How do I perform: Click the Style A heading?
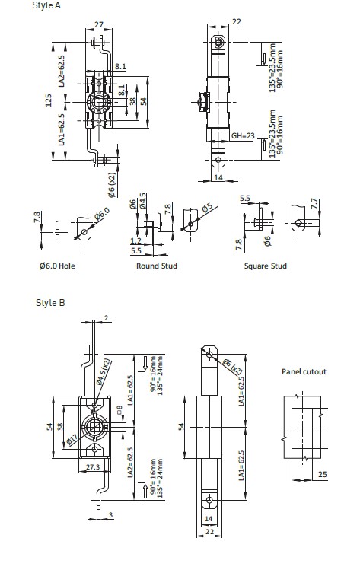tap(46, 5)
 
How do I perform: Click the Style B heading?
tap(50, 303)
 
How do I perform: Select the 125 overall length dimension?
tap(49, 100)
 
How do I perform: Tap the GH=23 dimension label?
tap(243, 135)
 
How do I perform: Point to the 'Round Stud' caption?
tap(157, 266)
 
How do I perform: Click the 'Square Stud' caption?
tap(266, 266)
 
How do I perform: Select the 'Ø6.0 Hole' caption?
tap(57, 266)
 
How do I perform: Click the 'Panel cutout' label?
tap(304, 371)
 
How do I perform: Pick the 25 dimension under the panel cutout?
tap(323, 474)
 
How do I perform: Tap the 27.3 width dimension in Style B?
tap(93, 466)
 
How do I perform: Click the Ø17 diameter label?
tap(72, 440)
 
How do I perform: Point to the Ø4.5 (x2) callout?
tap(103, 372)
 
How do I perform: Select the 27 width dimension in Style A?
tap(99, 25)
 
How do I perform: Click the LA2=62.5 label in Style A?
tap(61, 71)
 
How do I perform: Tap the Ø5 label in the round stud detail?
tap(207, 208)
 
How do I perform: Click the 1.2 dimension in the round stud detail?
tap(136, 240)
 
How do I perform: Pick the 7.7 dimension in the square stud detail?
tap(314, 204)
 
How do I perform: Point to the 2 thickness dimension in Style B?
tap(106, 318)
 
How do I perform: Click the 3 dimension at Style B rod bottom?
tap(111, 515)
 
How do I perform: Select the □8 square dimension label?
tap(119, 409)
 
